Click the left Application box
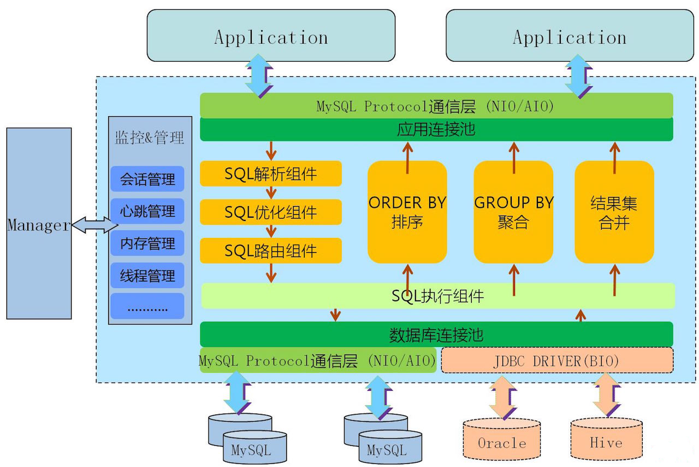pyautogui.click(x=271, y=35)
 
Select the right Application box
pyautogui.click(x=570, y=35)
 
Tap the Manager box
pyautogui.click(x=39, y=224)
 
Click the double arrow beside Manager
pyautogui.click(x=94, y=224)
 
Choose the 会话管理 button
pyautogui.click(x=147, y=179)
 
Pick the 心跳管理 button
pyautogui.click(x=147, y=211)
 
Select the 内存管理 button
pyautogui.click(x=147, y=243)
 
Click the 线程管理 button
pyautogui.click(x=147, y=275)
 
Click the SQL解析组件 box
pyautogui.click(x=271, y=173)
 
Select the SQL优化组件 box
pyautogui.click(x=271, y=212)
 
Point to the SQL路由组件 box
pyautogui.click(x=271, y=251)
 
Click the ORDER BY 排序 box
pyautogui.click(x=407, y=212)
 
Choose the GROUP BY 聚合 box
pyautogui.click(x=513, y=212)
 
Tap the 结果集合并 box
pyautogui.click(x=614, y=212)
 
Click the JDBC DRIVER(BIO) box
pyautogui.click(x=557, y=361)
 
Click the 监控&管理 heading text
pyautogui.click(x=150, y=137)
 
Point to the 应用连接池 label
pyautogui.click(x=436, y=129)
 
